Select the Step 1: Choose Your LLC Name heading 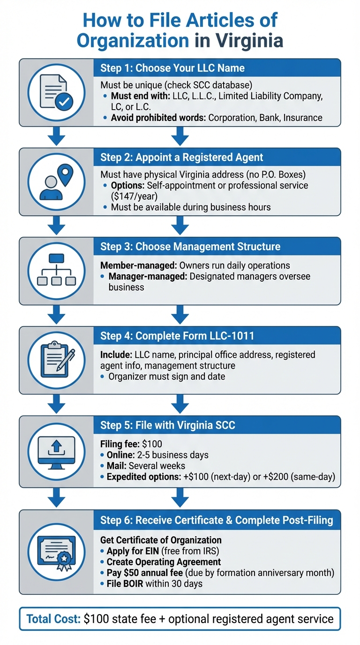point(172,68)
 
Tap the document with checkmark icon point(56,92)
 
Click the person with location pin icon point(56,181)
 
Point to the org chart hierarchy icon point(56,270)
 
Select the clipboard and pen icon point(56,360)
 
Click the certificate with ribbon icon point(56,552)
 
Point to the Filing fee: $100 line point(131,444)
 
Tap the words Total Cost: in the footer point(53,619)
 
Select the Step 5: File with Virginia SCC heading point(168,425)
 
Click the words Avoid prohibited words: point(158,117)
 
